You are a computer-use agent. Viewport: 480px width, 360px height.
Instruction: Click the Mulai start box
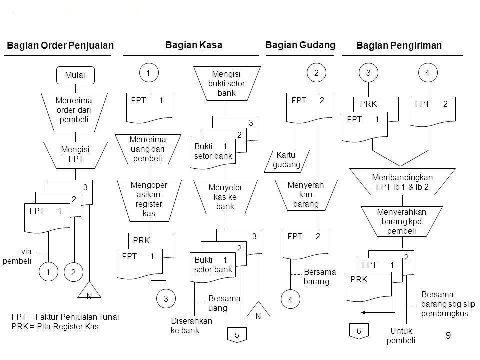click(75, 75)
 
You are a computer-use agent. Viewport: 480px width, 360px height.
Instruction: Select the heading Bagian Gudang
click(300, 45)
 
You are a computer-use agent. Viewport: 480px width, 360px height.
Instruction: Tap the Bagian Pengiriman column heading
click(399, 45)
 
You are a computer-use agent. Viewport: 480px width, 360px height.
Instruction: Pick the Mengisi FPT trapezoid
click(75, 155)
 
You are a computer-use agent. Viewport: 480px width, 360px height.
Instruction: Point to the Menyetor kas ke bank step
click(225, 197)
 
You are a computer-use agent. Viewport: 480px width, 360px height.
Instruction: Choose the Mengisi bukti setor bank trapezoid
click(227, 83)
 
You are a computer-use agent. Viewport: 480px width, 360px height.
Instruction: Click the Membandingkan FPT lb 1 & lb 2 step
click(402, 182)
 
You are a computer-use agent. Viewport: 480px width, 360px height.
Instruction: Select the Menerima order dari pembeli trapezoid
click(74, 112)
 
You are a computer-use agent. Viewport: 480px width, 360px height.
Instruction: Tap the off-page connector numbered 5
click(237, 335)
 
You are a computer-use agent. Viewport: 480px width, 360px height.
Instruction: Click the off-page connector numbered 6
click(359, 331)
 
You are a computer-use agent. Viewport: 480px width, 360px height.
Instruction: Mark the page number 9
click(448, 336)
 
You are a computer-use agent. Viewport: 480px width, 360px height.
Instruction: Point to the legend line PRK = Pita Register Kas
click(55, 326)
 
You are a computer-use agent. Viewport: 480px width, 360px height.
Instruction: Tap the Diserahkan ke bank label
click(191, 325)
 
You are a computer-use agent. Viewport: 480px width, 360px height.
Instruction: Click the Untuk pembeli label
click(401, 336)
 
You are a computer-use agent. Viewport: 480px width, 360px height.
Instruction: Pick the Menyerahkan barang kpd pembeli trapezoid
click(402, 221)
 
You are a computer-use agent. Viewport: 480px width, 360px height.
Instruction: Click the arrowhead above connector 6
click(363, 313)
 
